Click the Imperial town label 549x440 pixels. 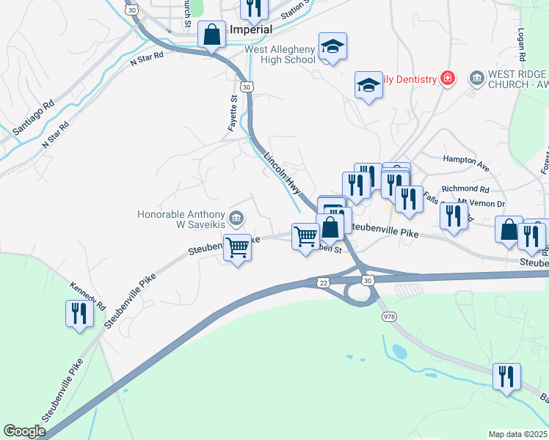[251, 29]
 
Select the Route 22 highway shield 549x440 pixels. [323, 282]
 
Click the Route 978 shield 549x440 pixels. [388, 316]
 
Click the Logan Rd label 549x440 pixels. [521, 46]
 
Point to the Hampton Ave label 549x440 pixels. [465, 163]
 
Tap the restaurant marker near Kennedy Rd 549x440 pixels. [77, 314]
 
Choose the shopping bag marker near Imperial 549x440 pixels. [212, 34]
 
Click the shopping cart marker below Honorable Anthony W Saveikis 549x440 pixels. [237, 248]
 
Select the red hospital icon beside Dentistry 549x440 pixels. [446, 78]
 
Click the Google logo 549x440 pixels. [24, 431]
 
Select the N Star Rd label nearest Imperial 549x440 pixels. [147, 60]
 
